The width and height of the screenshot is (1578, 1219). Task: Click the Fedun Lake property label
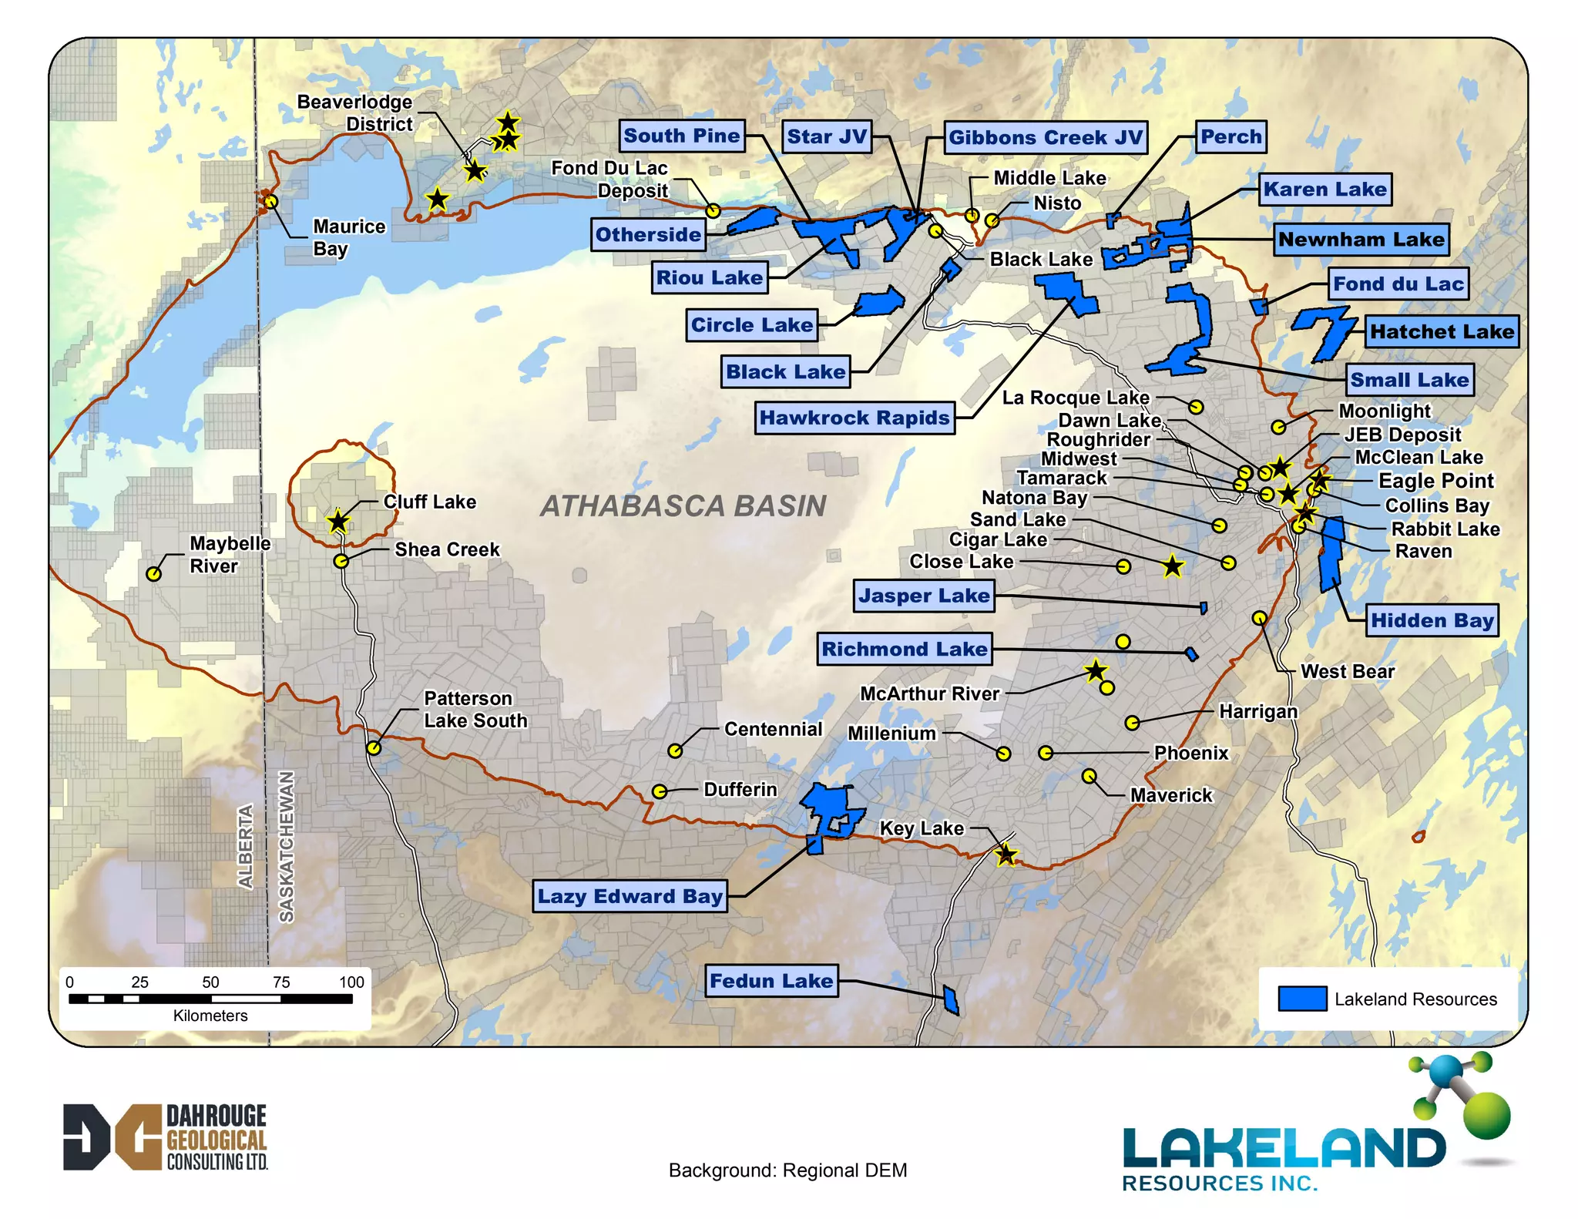point(771,981)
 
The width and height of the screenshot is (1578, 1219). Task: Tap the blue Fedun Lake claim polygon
point(951,1000)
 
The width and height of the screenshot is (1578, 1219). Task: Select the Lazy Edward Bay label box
point(630,896)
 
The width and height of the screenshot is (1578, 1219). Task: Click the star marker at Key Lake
point(1006,855)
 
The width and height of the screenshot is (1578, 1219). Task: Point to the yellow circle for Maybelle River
point(154,574)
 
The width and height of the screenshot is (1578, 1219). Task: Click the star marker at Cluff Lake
point(338,522)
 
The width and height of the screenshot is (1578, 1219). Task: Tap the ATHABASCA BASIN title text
point(683,506)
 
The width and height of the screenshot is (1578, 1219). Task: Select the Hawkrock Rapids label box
point(854,418)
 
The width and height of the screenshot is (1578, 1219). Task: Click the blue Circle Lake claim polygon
point(880,302)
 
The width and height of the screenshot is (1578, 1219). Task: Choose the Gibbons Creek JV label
point(1046,137)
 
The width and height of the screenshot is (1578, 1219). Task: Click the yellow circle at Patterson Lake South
point(374,747)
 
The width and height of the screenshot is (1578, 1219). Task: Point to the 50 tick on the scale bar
point(210,982)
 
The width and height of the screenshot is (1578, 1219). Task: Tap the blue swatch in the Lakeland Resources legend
point(1302,999)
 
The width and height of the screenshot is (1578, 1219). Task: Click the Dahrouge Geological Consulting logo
point(165,1137)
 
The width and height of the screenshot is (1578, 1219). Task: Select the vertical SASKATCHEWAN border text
point(286,846)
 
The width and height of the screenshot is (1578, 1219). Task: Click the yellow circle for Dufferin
point(660,791)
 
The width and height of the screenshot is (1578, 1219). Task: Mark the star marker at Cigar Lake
point(1172,567)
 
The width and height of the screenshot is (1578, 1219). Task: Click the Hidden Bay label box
point(1432,620)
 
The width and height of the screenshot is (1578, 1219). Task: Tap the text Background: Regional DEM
point(787,1170)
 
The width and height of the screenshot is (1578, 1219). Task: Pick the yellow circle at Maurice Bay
point(271,202)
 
